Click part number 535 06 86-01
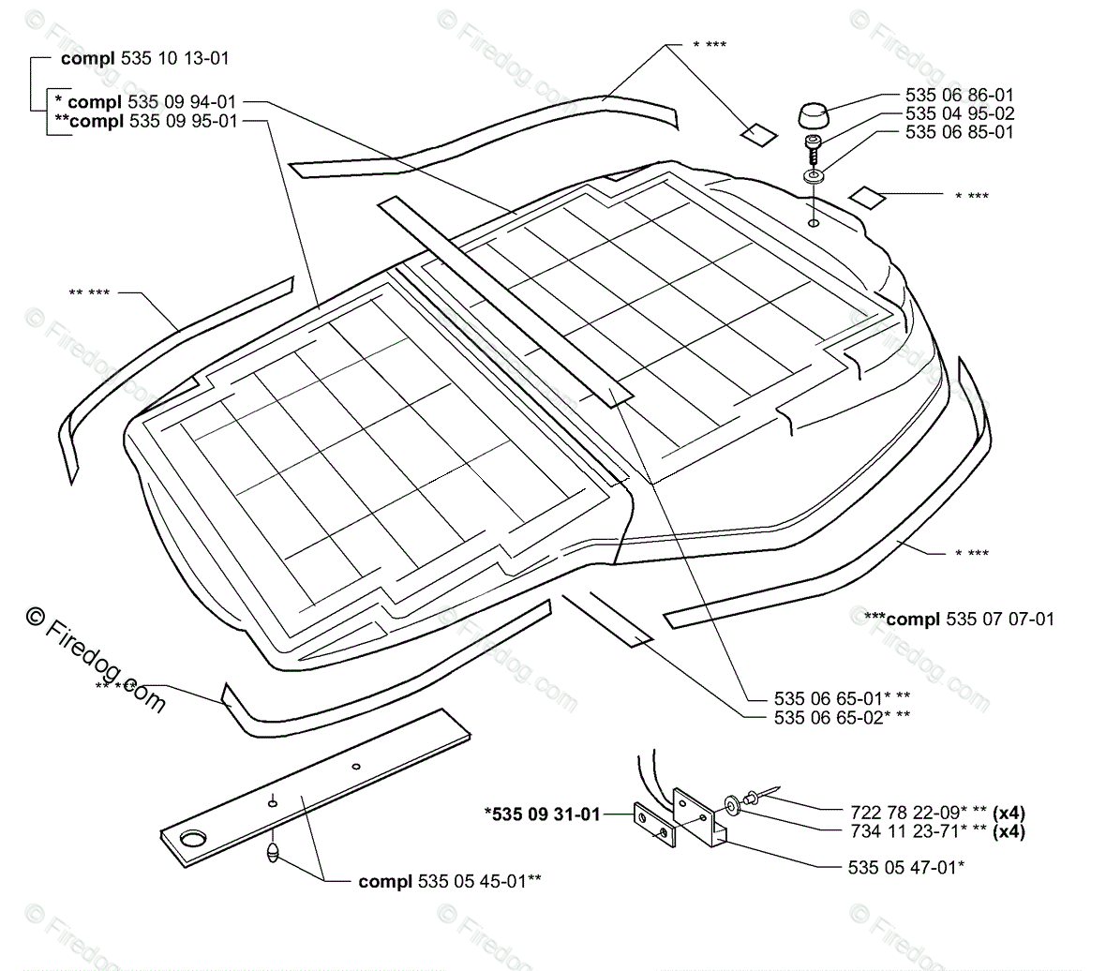pos(959,95)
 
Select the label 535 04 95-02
pos(959,113)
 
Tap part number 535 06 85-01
pos(959,132)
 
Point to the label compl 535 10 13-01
pos(144,58)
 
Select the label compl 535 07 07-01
pos(959,619)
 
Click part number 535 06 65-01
pos(842,697)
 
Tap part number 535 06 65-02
pos(842,717)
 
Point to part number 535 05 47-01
pos(905,867)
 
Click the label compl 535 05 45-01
pos(449,881)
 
